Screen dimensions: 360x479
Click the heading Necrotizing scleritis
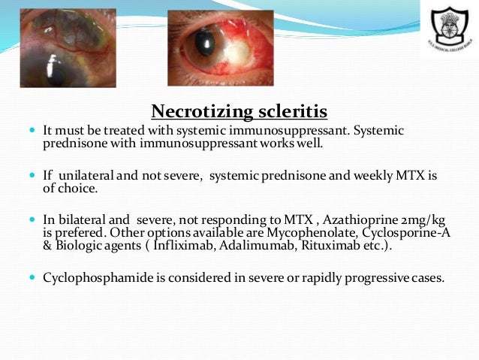tap(239, 112)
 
